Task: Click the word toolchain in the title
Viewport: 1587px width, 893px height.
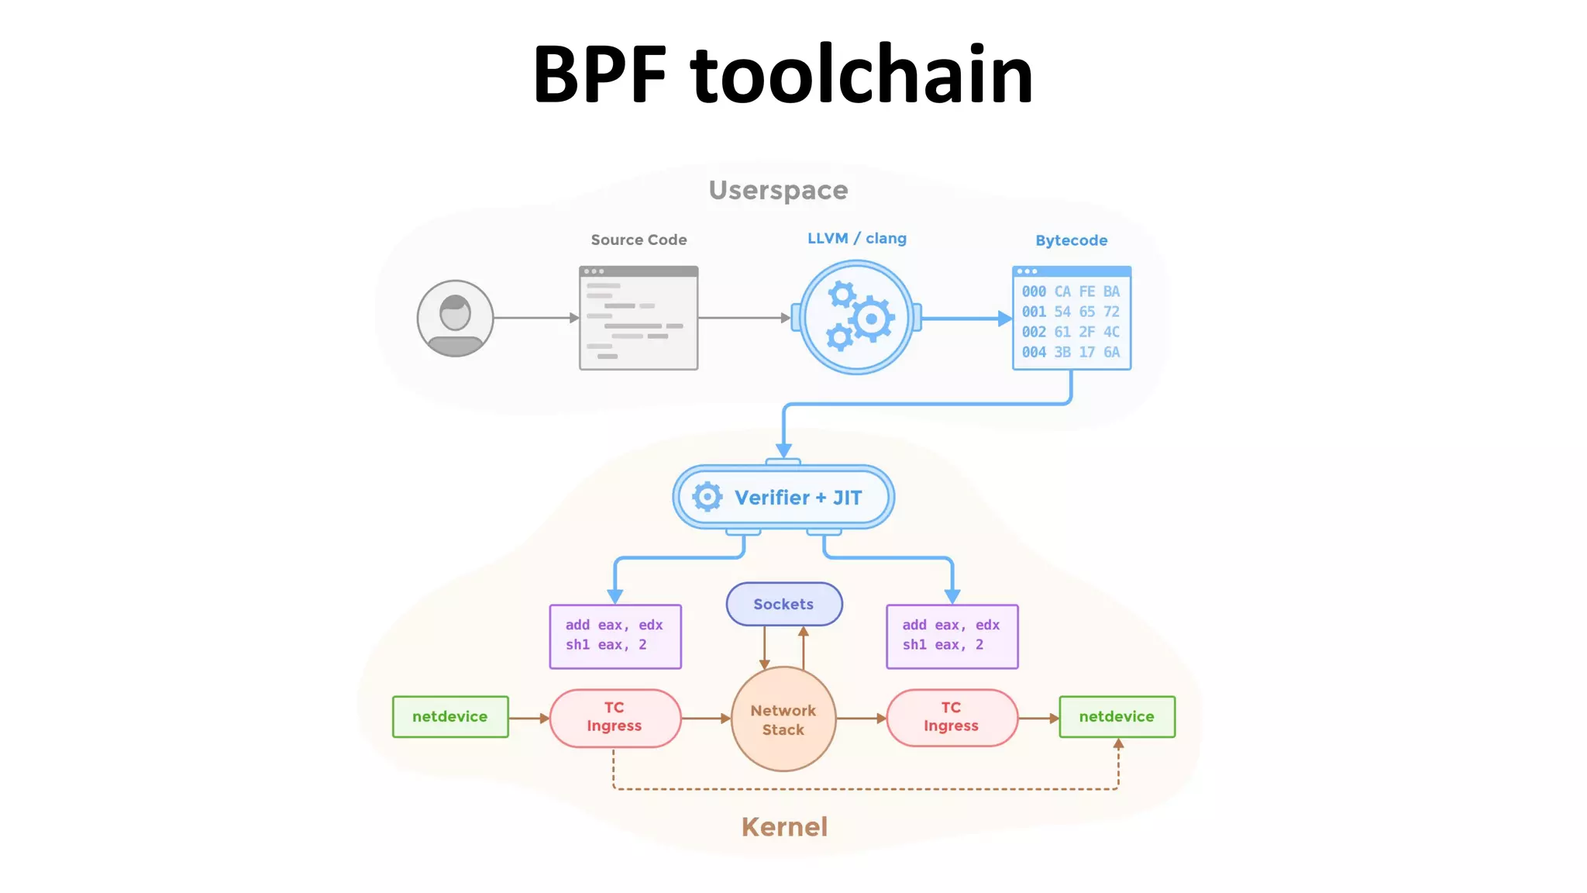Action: click(x=862, y=75)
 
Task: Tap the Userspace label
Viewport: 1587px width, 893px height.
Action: click(x=778, y=190)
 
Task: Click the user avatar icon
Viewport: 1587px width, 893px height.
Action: click(x=455, y=318)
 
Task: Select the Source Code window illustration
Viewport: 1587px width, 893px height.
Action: click(x=639, y=318)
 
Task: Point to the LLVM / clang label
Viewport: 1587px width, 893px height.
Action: click(x=856, y=239)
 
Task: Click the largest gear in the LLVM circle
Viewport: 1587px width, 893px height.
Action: click(x=872, y=319)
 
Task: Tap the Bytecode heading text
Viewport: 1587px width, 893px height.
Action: click(x=1071, y=240)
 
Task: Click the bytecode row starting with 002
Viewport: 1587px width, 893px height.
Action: click(x=1070, y=332)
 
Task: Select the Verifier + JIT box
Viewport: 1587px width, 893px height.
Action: click(x=783, y=497)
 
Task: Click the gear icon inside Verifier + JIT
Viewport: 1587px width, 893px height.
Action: click(x=707, y=497)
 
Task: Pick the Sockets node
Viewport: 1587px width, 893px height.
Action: click(x=783, y=604)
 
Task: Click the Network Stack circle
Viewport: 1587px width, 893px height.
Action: click(x=783, y=719)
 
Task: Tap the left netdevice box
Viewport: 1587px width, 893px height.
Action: click(x=450, y=716)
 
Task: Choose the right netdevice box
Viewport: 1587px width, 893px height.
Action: click(x=1117, y=716)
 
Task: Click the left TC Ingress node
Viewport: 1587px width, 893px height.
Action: click(x=614, y=717)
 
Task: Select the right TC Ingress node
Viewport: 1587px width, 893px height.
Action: click(x=952, y=717)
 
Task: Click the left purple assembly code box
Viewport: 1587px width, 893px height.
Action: click(x=614, y=636)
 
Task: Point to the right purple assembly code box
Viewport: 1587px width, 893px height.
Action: click(x=952, y=636)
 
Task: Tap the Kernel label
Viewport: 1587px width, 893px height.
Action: click(x=784, y=826)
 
